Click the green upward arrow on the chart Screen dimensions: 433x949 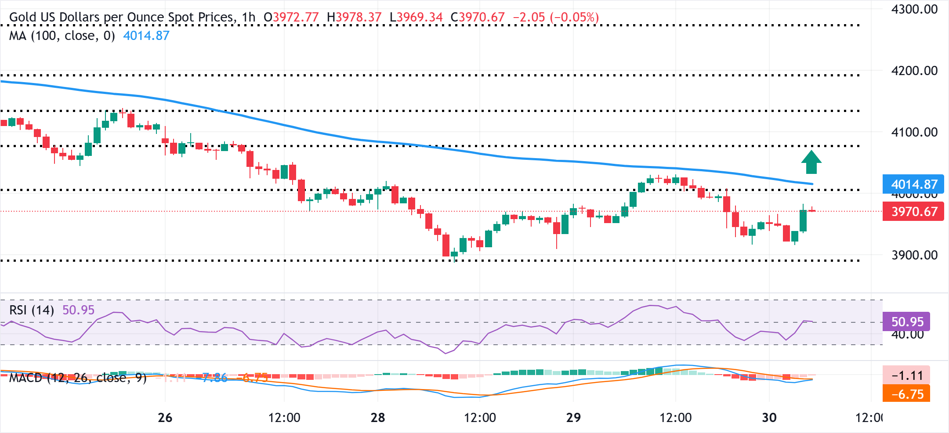tap(811, 162)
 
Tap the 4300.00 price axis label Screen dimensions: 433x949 tap(914, 9)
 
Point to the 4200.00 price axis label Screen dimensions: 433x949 tap(914, 71)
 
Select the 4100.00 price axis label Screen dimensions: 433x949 tap(914, 132)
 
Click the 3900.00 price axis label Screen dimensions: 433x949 tap(914, 255)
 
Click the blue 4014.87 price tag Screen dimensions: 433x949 tap(913, 184)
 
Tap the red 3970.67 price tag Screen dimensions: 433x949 tap(913, 212)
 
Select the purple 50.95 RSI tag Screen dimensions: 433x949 tap(906, 322)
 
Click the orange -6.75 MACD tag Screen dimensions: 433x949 tap(906, 394)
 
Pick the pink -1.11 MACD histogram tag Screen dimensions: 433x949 tap(906, 375)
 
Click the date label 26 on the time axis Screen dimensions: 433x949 tap(165, 418)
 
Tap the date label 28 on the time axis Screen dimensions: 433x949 tap(378, 418)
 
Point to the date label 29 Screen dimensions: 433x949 tap(573, 418)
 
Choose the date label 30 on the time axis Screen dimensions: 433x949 tap(769, 418)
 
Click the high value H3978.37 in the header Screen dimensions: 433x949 tap(354, 18)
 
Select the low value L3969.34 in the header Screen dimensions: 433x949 tap(416, 18)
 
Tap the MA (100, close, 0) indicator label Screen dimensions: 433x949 tap(62, 36)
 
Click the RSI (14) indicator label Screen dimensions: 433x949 tap(32, 310)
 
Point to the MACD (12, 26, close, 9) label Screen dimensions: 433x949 tap(78, 378)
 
